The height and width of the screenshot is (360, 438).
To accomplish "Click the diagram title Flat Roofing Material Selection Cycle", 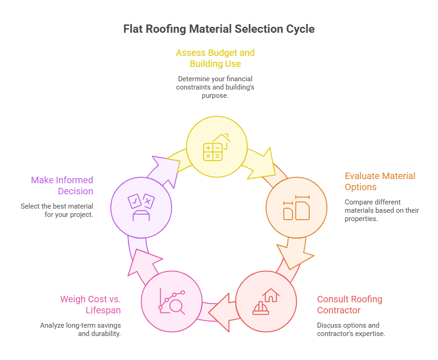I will [219, 29].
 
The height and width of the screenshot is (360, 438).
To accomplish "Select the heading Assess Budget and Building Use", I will [215, 58].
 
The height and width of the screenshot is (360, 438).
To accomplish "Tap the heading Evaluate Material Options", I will [380, 181].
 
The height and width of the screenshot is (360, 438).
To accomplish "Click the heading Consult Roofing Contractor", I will [349, 305].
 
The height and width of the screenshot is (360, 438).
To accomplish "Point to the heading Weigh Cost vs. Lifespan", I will [90, 305].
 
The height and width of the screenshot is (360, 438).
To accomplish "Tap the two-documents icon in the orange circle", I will [296, 208].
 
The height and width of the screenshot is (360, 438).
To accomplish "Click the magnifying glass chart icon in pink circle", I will [172, 301].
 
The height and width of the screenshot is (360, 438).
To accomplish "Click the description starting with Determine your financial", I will [215, 87].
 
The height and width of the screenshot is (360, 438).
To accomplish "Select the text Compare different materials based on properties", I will [382, 210].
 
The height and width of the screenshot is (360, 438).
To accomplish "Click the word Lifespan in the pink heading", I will [103, 310].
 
